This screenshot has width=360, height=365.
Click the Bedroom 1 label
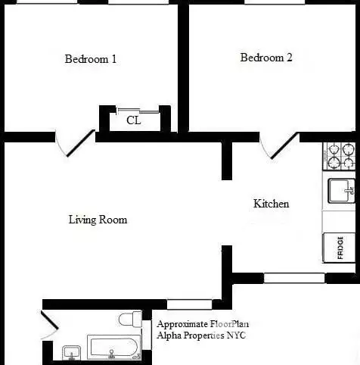[91, 59]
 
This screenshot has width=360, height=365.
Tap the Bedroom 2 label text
[266, 58]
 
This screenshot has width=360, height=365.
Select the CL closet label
[133, 120]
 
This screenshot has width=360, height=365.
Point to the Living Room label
[98, 220]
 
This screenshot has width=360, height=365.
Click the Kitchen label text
[271, 204]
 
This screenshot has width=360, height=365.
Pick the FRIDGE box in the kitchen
[340, 247]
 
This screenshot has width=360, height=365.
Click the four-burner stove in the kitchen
[340, 156]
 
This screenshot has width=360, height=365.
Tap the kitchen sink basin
[340, 189]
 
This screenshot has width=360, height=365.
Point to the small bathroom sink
[72, 351]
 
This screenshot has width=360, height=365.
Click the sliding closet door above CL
[138, 111]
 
